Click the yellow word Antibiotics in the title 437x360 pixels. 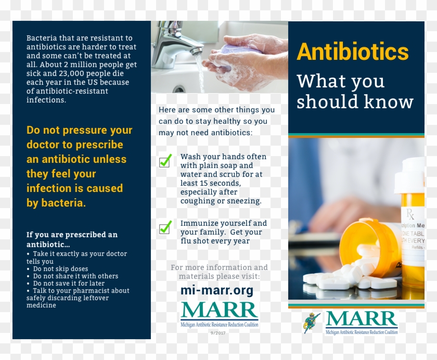tap(353, 52)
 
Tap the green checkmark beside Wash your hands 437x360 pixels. tap(165, 161)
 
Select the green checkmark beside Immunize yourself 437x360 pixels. tap(165, 227)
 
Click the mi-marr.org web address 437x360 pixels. tap(217, 290)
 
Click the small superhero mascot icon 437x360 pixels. tap(312, 323)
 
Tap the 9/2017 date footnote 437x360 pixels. tap(219, 332)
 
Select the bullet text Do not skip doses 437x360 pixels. tap(60, 269)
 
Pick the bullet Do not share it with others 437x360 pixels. tap(75, 276)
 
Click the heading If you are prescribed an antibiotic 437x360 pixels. tap(72, 239)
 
